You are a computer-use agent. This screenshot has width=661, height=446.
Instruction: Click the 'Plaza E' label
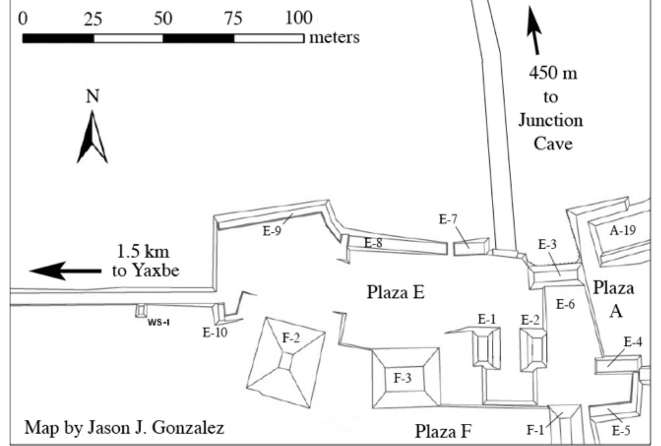(395, 292)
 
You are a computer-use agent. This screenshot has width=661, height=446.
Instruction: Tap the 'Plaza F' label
(443, 431)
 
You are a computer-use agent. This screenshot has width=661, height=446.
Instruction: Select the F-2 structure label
(291, 338)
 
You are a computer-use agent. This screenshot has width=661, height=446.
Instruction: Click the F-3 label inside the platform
(402, 378)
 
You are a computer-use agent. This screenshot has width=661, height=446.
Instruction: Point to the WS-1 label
(158, 322)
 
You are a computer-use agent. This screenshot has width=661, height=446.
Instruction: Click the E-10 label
(215, 332)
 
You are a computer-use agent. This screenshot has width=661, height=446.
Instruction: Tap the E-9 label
(272, 231)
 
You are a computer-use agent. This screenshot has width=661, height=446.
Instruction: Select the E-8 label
(373, 243)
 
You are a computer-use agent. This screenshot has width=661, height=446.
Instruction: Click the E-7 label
(448, 219)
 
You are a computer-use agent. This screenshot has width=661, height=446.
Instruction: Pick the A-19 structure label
(622, 230)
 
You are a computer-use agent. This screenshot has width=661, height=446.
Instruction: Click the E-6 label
(565, 305)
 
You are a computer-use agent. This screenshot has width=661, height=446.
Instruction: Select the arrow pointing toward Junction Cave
(534, 30)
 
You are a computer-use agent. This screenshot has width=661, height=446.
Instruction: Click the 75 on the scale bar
(233, 18)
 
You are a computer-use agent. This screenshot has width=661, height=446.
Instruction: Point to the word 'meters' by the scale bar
(334, 37)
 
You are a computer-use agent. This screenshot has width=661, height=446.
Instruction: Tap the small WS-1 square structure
(141, 310)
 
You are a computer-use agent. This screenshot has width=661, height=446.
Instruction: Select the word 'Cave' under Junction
(553, 143)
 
